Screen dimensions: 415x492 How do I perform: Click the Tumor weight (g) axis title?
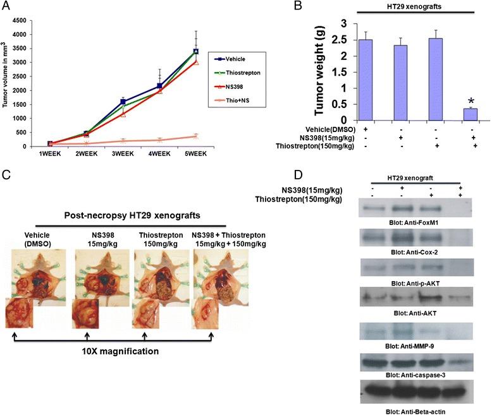[320, 70]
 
